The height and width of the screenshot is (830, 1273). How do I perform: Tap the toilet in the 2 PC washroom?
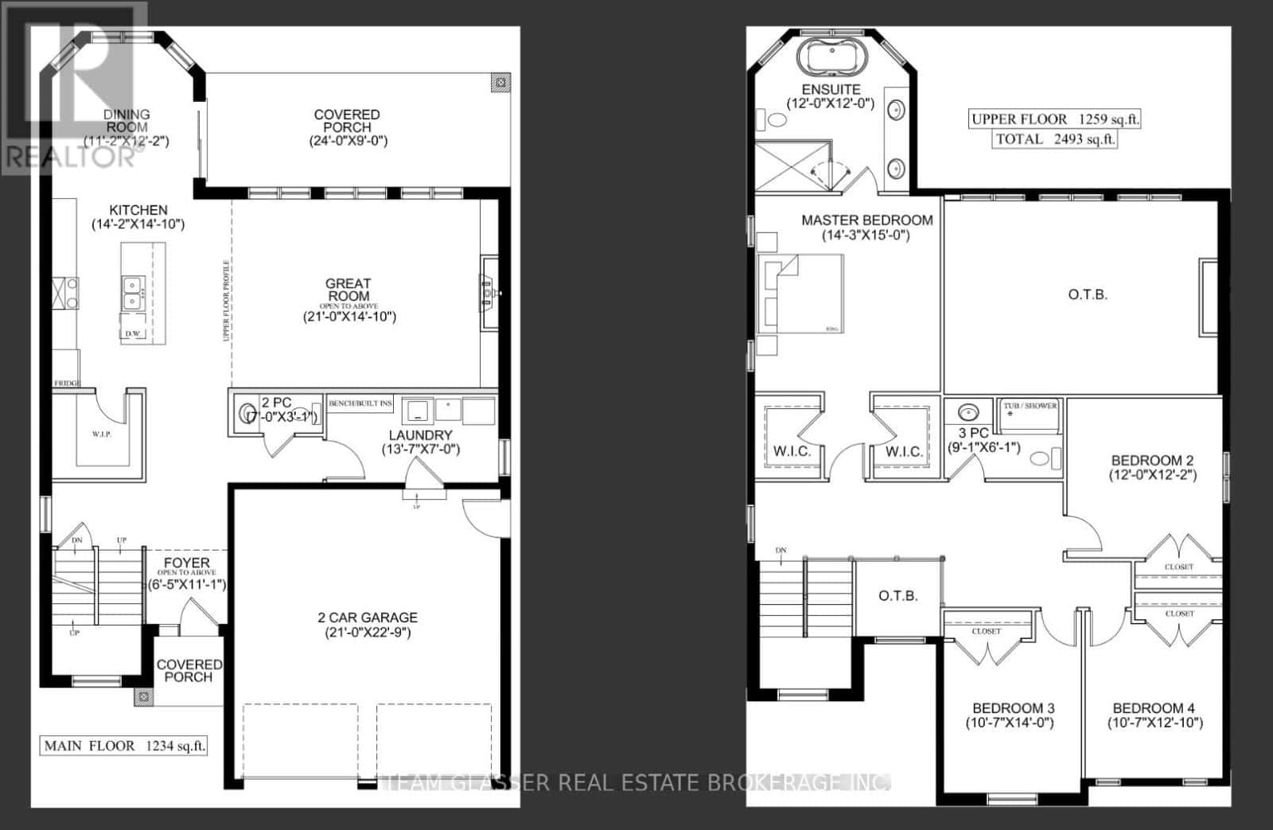pos(244,413)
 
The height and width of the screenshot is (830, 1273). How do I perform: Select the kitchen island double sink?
pos(131,292)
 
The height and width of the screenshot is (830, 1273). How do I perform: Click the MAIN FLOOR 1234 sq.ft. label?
pos(124,746)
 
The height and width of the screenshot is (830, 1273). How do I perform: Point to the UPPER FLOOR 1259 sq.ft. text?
pos(1055,119)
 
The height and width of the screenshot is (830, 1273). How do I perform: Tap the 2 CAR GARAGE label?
pos(368,618)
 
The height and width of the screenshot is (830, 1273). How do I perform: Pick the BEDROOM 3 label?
pos(1014,708)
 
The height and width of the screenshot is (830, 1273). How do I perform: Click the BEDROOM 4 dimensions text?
pos(1154,723)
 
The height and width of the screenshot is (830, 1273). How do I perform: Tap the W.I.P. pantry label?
pos(101,434)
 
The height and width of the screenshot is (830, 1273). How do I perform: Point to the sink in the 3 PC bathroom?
pos(968,412)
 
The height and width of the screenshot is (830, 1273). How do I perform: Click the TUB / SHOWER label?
pos(1030,406)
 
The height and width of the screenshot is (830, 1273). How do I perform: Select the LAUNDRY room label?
pos(420,435)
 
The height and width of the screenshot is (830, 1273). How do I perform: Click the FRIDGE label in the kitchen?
pos(67,384)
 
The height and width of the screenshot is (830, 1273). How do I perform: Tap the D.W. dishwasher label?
pos(133,334)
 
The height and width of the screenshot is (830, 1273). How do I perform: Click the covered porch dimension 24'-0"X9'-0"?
pos(348,141)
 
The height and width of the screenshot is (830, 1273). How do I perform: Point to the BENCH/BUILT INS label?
pos(360,404)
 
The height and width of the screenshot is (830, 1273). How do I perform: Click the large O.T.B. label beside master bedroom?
pos(1088,294)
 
